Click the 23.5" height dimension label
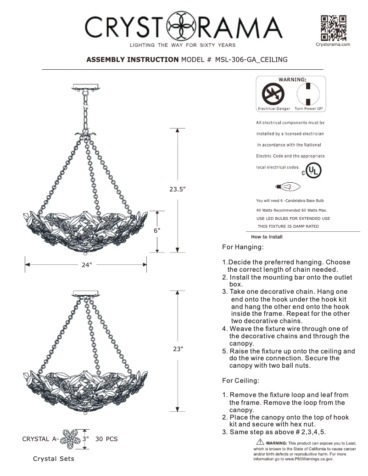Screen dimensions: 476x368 (177, 189)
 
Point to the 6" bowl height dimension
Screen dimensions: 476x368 (156, 231)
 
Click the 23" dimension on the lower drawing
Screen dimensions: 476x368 (178, 349)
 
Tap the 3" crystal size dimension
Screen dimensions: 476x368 (85, 439)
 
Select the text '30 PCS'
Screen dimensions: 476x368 (106, 439)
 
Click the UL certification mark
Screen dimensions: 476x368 (313, 171)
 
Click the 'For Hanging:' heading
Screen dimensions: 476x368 (243, 247)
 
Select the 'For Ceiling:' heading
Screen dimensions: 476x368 (241, 381)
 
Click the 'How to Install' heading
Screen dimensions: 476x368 (267, 237)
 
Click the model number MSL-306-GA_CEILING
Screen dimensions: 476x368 (251, 60)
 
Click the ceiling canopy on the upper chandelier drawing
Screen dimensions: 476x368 (86, 87)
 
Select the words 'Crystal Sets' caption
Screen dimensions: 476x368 (53, 459)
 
